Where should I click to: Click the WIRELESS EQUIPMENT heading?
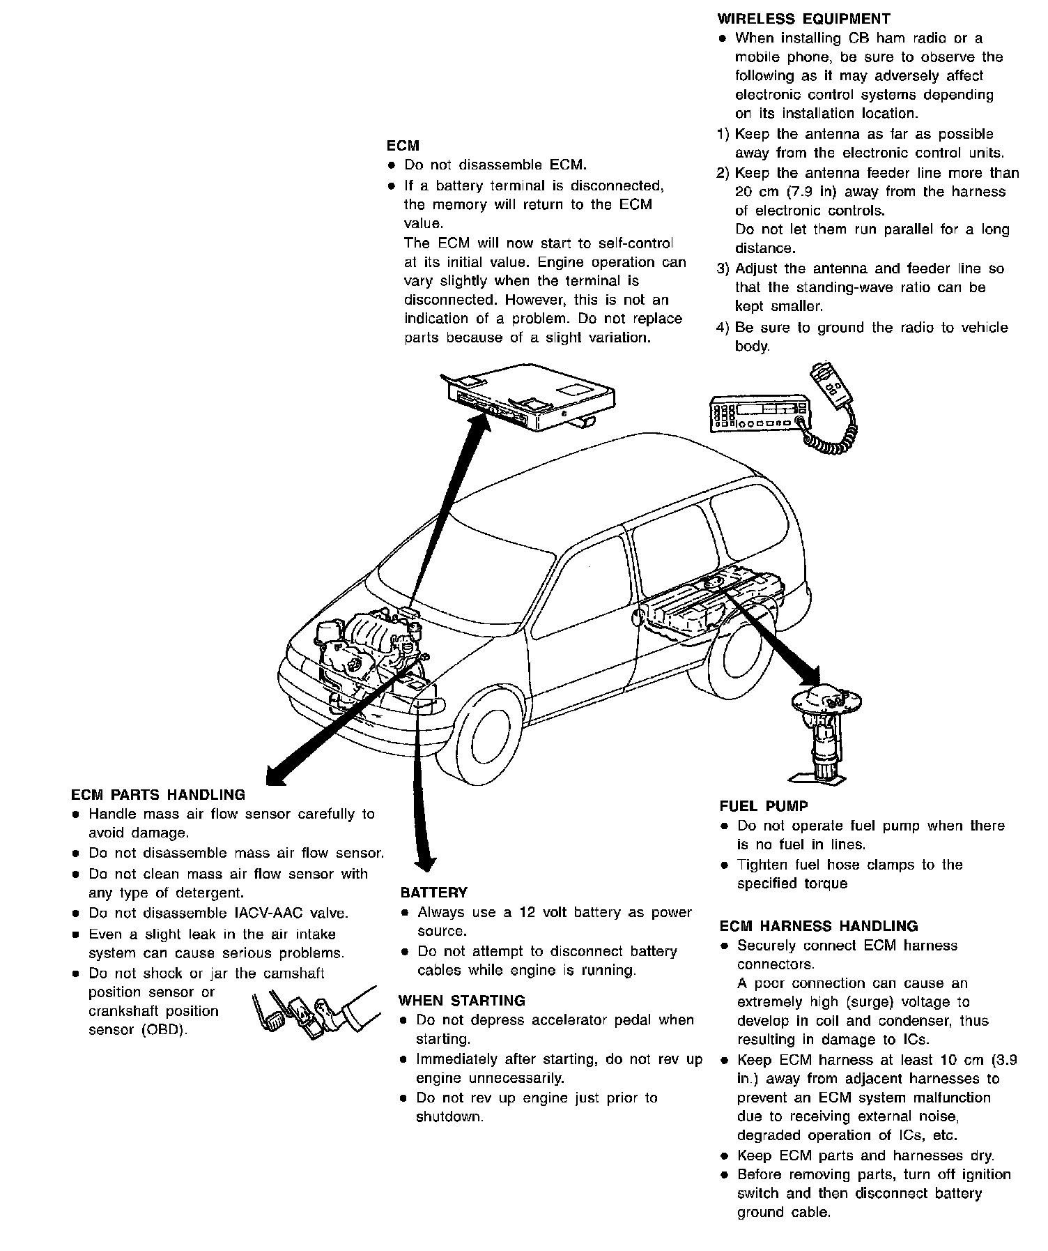click(x=803, y=19)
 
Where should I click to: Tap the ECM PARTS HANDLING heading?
click(x=158, y=794)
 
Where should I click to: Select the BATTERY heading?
click(x=433, y=893)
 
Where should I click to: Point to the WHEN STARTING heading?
click(x=461, y=1001)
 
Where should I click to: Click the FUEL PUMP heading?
click(x=764, y=806)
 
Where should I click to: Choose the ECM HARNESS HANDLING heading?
click(x=819, y=926)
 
